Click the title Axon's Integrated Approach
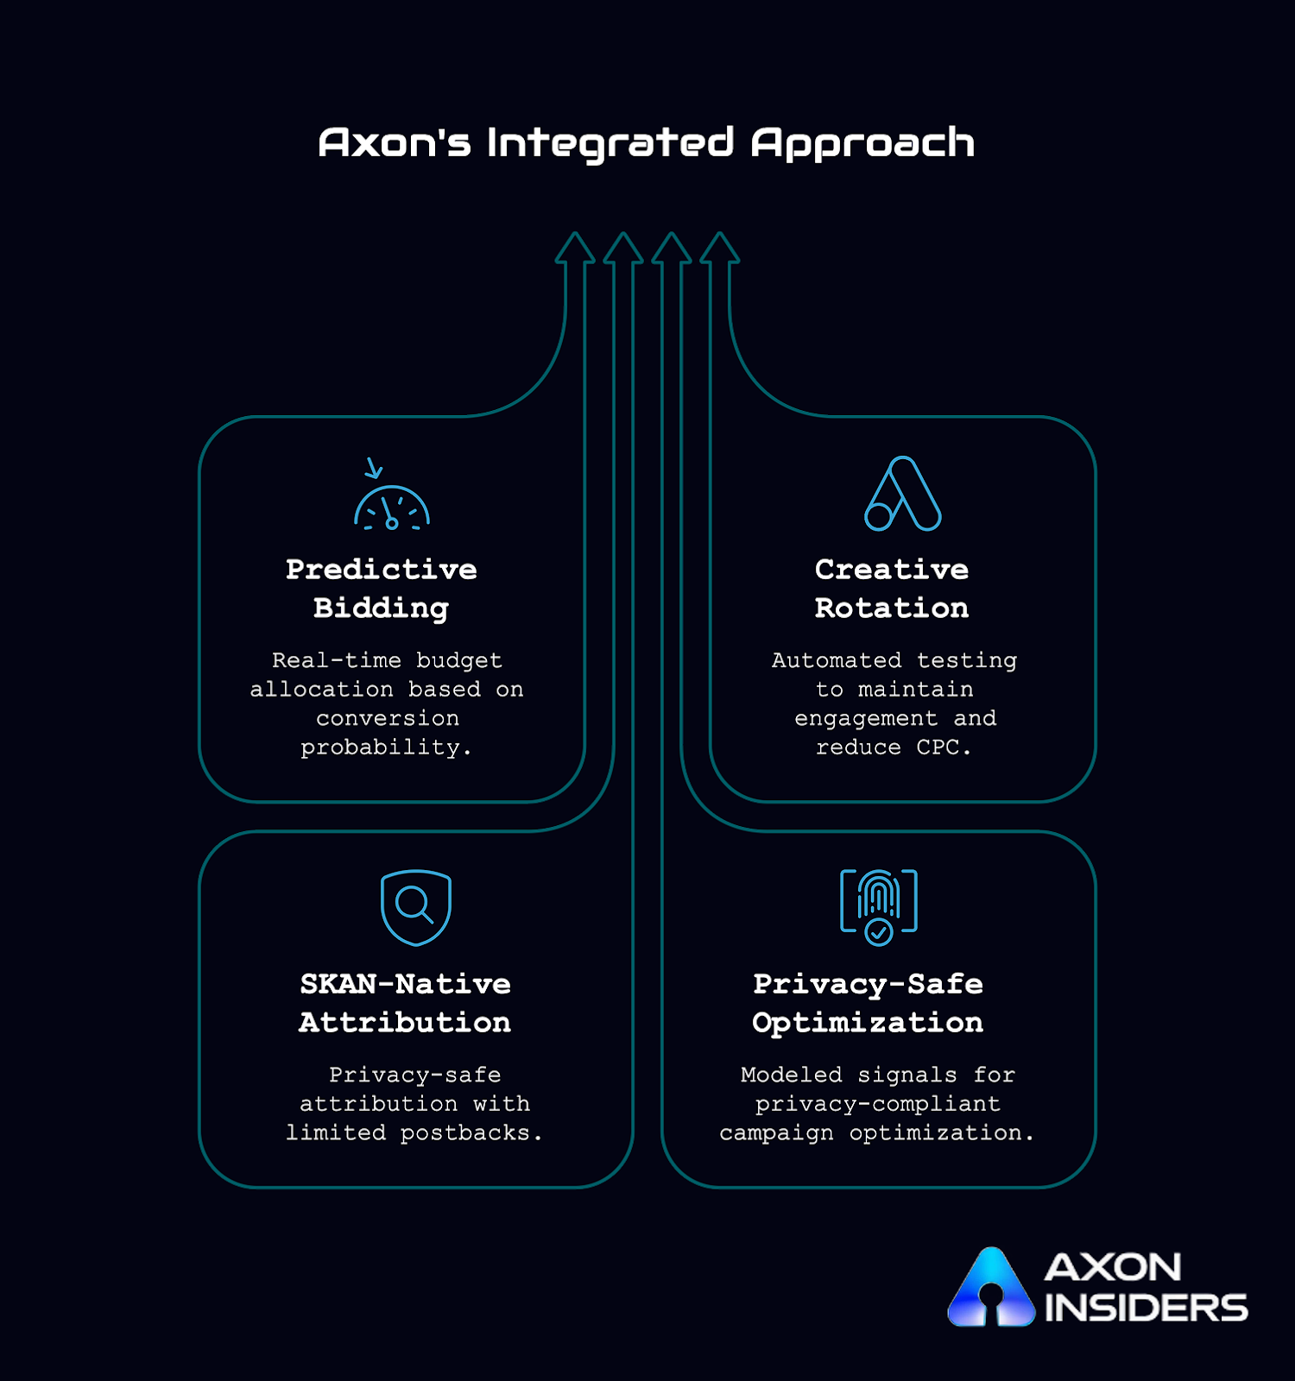(x=647, y=143)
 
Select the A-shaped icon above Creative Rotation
(x=902, y=494)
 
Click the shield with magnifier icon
(x=416, y=907)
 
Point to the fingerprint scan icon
(x=879, y=906)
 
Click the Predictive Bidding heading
(x=382, y=589)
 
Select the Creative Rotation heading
(x=892, y=589)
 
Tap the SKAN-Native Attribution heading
(x=405, y=1003)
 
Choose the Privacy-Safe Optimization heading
(x=868, y=1003)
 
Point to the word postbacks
(x=465, y=1132)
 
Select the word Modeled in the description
(x=791, y=1075)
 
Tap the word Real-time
(x=337, y=660)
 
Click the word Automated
(x=836, y=660)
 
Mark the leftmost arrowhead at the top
(x=575, y=248)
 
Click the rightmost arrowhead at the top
(x=720, y=248)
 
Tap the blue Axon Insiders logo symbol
(x=991, y=1288)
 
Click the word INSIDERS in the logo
(x=1146, y=1308)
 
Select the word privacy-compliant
(x=877, y=1104)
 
